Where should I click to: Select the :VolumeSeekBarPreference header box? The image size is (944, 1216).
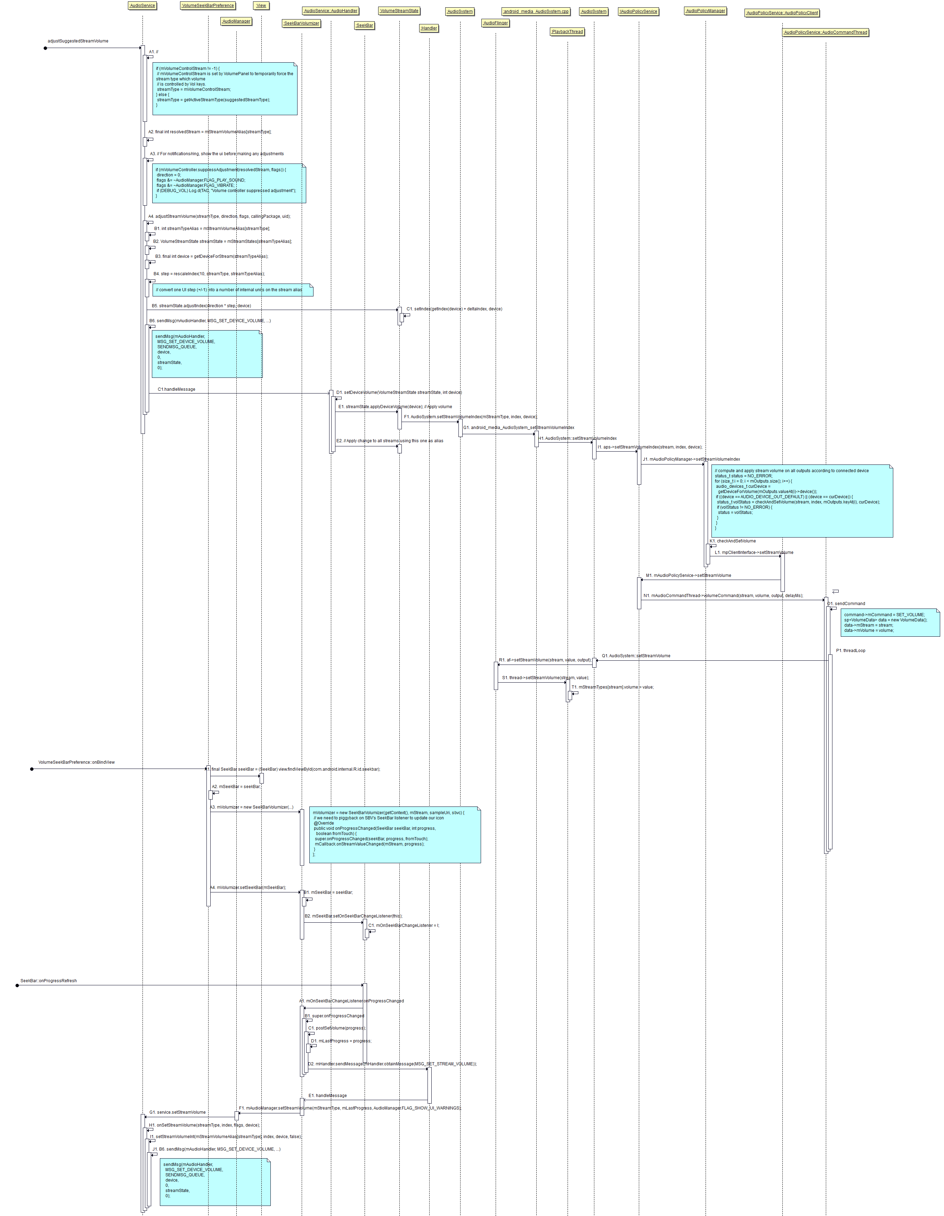208,6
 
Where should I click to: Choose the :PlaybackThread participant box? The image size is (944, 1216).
567,32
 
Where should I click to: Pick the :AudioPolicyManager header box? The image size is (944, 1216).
705,10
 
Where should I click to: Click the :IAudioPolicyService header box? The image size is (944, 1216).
638,11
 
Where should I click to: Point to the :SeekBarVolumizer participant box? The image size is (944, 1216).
301,23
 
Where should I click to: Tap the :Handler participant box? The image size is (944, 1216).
429,28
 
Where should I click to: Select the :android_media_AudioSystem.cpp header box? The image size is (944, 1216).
536,11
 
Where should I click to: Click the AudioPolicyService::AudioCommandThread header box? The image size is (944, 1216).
825,32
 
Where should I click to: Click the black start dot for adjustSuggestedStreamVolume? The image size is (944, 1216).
46,48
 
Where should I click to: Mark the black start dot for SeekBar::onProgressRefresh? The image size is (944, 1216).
17,985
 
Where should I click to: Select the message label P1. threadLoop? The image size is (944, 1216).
850,650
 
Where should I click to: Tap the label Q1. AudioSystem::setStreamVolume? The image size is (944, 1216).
636,656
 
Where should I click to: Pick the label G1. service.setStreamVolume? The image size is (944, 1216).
178,1112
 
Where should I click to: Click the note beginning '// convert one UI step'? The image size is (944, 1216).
233,289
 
